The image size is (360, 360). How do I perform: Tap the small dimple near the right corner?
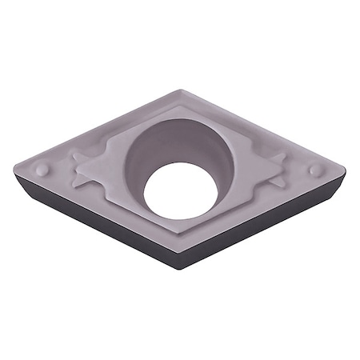pyautogui.click(x=315, y=170)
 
